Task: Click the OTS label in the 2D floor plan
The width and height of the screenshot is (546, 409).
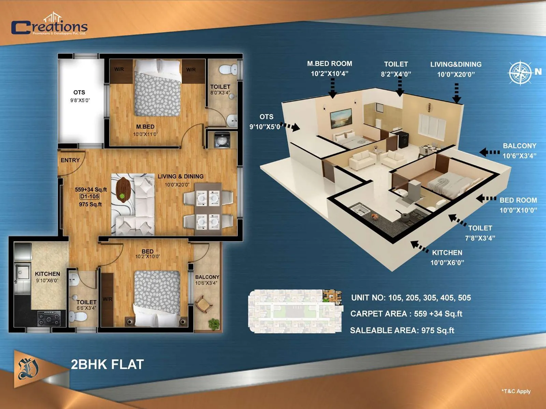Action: click(x=79, y=92)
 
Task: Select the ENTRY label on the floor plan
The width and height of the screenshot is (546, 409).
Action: click(x=70, y=160)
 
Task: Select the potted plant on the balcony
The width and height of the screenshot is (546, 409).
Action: click(x=214, y=323)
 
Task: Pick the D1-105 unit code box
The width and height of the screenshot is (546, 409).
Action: click(x=89, y=197)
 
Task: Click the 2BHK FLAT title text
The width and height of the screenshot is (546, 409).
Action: click(x=107, y=364)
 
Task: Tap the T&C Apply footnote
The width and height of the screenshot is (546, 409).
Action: click(x=516, y=391)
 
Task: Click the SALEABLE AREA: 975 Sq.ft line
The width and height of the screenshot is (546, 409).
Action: click(x=402, y=330)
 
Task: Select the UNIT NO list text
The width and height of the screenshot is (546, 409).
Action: click(x=411, y=298)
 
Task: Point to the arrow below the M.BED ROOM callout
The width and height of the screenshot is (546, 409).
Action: click(x=333, y=89)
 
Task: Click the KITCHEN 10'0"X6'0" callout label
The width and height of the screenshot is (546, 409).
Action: click(x=447, y=257)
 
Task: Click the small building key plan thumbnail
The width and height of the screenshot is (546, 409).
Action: click(x=295, y=311)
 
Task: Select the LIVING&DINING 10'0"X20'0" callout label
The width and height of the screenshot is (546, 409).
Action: click(x=456, y=69)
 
